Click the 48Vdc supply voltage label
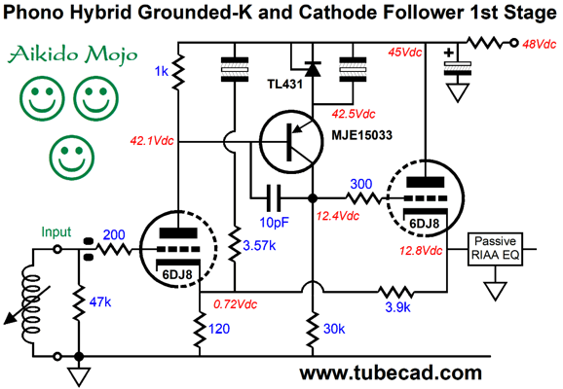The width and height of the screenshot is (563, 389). click(540, 44)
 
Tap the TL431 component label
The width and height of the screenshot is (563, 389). click(285, 85)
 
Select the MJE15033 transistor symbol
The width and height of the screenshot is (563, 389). click(291, 142)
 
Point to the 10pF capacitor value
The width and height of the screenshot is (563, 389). click(275, 223)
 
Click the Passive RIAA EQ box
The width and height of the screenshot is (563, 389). click(495, 249)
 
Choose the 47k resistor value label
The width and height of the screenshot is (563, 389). click(100, 302)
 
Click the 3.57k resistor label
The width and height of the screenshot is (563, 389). click(259, 246)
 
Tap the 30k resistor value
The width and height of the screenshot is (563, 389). click(334, 329)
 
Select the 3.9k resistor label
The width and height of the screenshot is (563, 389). click(397, 307)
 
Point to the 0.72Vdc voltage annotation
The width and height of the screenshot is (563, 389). click(235, 304)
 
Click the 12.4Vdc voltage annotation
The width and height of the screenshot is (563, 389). click(338, 216)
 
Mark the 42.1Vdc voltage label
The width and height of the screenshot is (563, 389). click(152, 141)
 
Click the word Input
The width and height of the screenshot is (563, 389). click(56, 232)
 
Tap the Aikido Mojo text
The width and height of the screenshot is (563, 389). click(73, 54)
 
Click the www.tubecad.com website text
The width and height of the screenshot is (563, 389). click(391, 372)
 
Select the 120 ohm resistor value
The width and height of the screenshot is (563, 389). click(219, 329)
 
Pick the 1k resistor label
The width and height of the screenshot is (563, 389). click(162, 72)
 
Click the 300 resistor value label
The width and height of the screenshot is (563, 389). click(360, 184)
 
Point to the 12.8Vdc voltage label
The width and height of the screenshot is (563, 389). click(421, 251)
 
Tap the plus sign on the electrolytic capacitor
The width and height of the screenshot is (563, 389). click(448, 53)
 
